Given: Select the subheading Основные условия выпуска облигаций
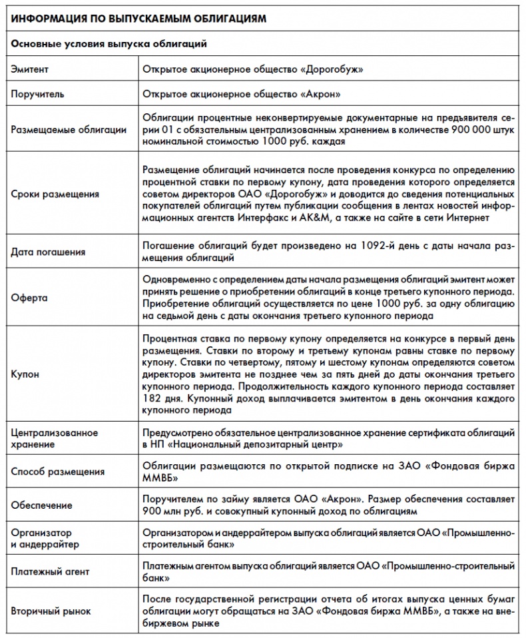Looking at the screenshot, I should coord(110,44).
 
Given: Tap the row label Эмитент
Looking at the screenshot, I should coord(30,69).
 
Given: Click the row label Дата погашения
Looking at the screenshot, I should coord(49,252).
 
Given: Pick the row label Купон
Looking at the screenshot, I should coord(26,374).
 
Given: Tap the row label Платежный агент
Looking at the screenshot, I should coord(51,571).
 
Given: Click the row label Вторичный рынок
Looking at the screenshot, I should coord(51,611).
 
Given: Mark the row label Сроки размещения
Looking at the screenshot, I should coord(55,194).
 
